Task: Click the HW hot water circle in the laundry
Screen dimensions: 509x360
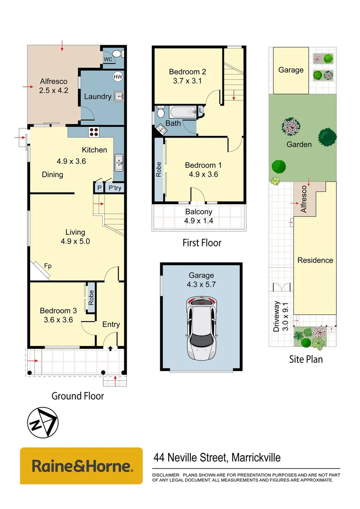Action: point(117,77)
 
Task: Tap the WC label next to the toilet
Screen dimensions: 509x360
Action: point(108,59)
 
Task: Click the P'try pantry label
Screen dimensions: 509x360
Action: point(115,188)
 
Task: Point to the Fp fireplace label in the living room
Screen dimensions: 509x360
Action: point(48,266)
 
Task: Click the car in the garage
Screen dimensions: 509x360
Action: point(201,328)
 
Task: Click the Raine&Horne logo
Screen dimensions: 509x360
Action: point(81,466)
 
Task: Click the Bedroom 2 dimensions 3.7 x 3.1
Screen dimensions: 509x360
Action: point(188,81)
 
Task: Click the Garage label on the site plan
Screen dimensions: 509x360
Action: point(291,70)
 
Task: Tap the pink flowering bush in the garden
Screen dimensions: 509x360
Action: point(291,127)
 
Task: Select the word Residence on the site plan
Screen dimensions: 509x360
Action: point(315,260)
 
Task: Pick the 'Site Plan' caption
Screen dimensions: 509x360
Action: point(305,359)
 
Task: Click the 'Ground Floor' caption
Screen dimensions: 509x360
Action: point(77,396)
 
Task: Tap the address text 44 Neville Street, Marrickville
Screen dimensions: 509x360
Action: point(217,457)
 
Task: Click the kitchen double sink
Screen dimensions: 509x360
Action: point(118,163)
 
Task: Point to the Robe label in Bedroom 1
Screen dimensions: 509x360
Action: point(159,169)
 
